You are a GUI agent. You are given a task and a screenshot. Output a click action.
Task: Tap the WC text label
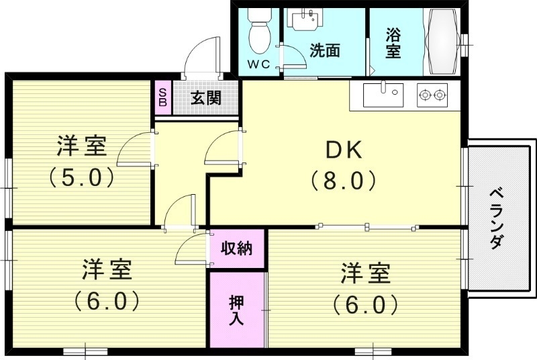[258, 64]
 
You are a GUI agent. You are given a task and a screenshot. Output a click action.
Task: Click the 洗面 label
[324, 51]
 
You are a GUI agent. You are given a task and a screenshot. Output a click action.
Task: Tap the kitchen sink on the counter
[383, 95]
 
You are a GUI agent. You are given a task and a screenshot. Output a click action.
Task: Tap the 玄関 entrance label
[205, 98]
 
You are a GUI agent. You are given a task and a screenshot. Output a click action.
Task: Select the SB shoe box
[162, 98]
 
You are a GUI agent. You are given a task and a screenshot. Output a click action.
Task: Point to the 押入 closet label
[236, 309]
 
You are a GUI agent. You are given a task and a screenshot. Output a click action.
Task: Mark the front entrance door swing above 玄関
[203, 54]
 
